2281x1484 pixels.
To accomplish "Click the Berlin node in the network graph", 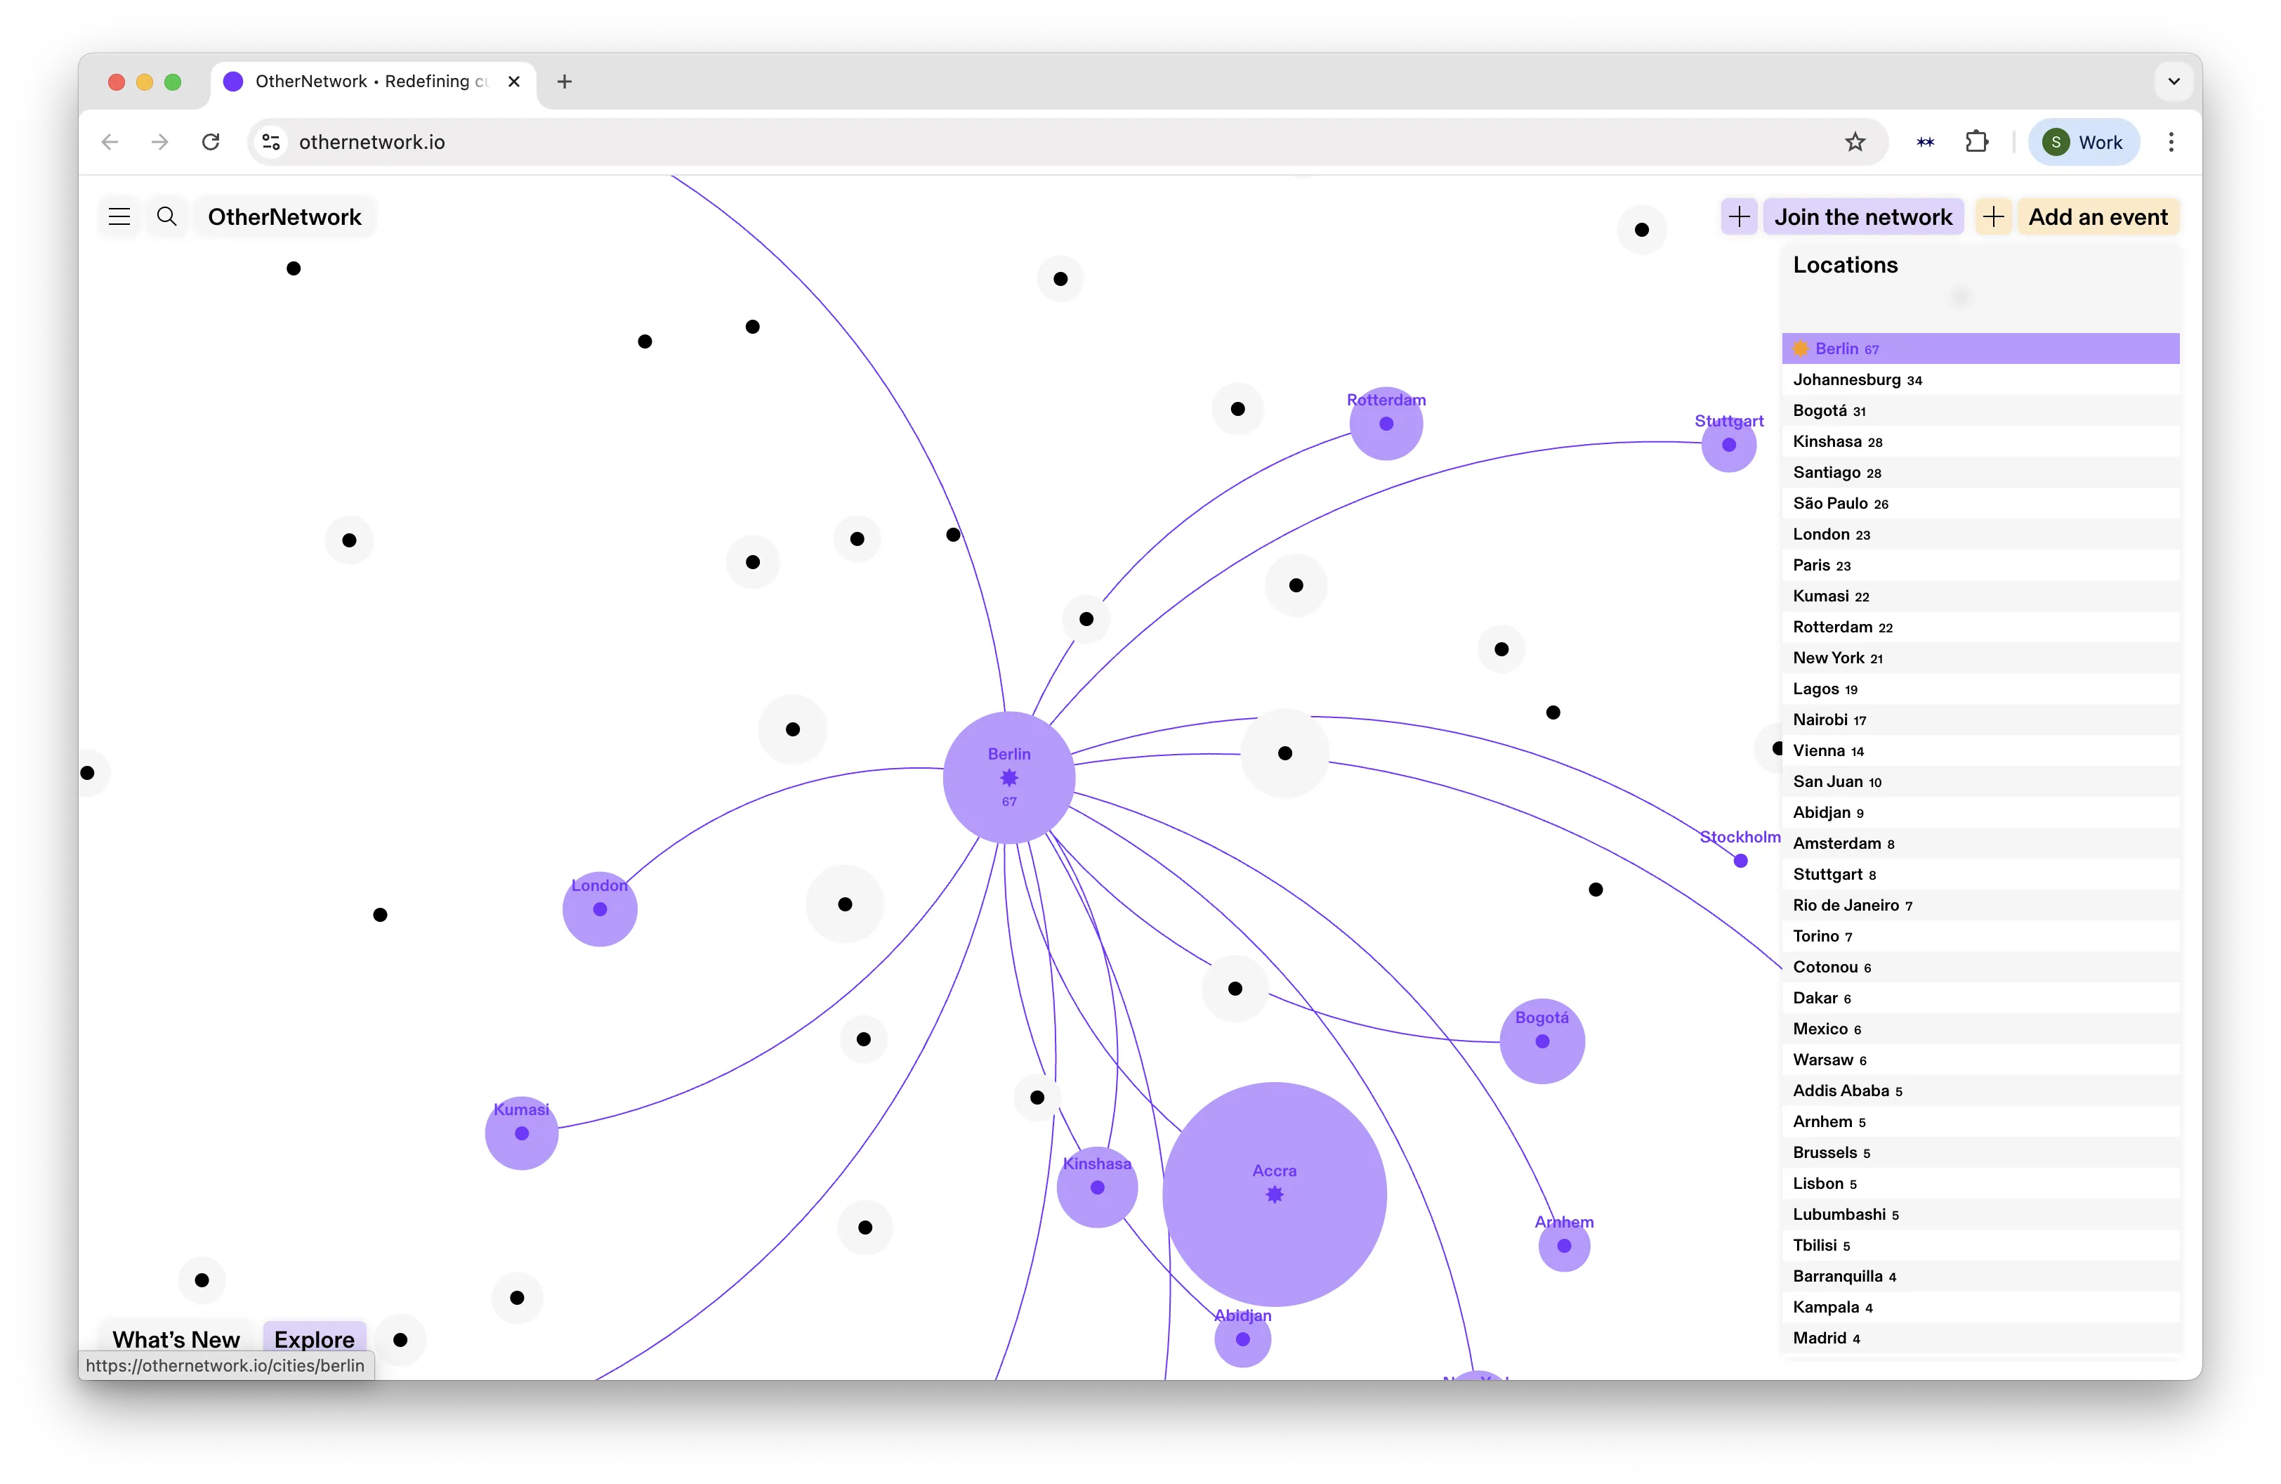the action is tap(1008, 777).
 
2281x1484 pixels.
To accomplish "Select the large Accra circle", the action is tap(1274, 1194).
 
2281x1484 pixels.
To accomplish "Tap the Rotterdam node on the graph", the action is tap(1386, 424).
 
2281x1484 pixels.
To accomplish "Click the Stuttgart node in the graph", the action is tap(1729, 445).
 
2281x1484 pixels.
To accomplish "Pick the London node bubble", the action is tap(600, 909).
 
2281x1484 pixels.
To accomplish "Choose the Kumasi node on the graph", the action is tap(521, 1133).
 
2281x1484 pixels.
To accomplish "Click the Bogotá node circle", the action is tap(1542, 1041).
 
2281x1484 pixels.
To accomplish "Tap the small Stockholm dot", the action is tap(1740, 861).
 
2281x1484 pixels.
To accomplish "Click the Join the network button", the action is tap(1862, 216).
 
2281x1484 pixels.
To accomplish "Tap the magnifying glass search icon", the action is tap(166, 216).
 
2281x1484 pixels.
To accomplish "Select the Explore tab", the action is tap(315, 1339).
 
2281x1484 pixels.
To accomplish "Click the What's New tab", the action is tap(176, 1339).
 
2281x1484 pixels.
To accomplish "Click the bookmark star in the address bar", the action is tap(1855, 142).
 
